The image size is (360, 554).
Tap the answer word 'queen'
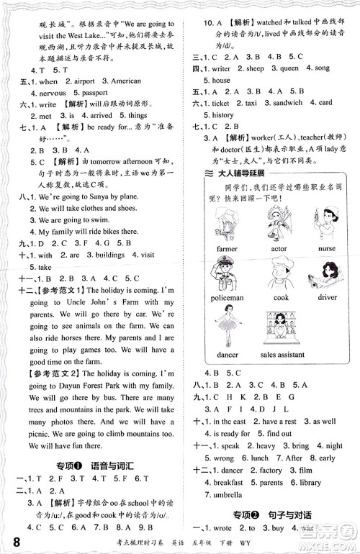289,68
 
